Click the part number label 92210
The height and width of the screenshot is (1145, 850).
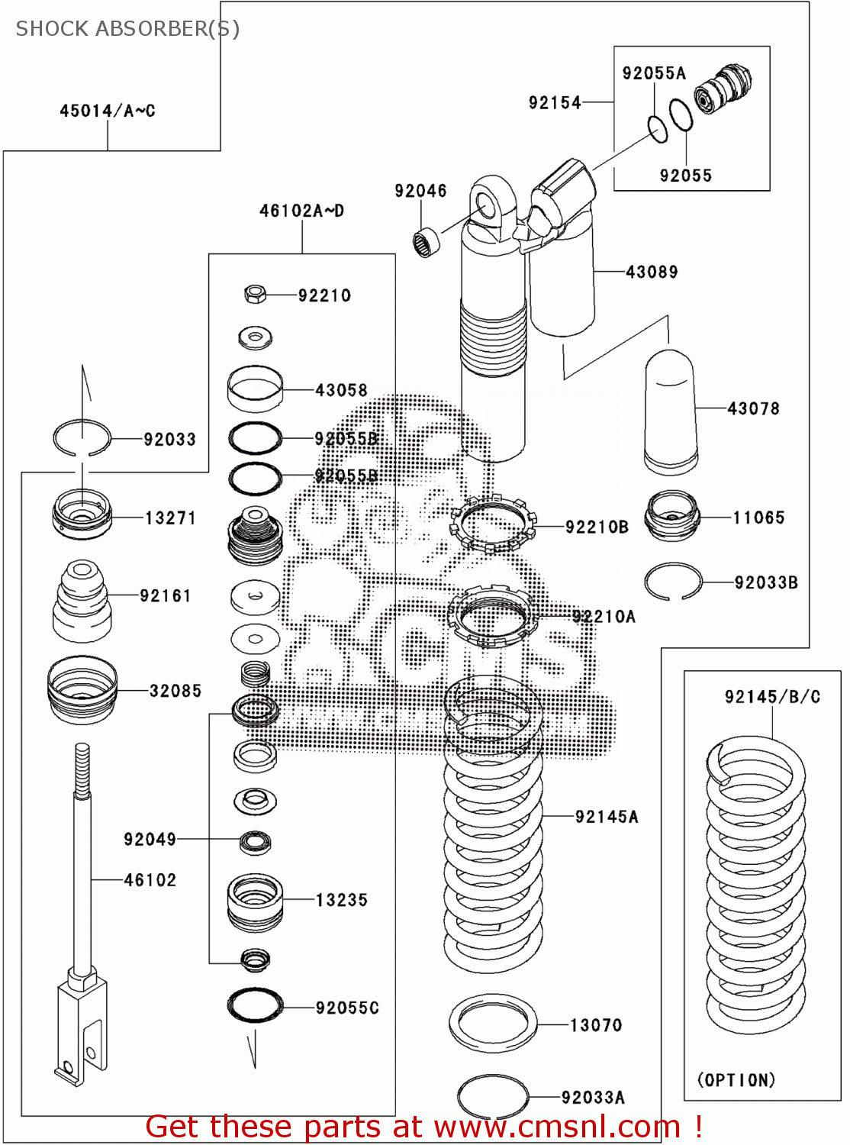click(x=324, y=295)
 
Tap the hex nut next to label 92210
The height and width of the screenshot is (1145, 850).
click(x=256, y=293)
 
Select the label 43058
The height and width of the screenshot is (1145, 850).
click(x=341, y=390)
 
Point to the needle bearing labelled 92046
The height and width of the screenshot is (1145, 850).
click(x=427, y=243)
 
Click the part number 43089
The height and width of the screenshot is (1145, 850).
click(x=652, y=272)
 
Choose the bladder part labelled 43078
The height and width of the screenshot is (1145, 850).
click(x=670, y=412)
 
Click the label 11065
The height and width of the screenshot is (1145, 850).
click(x=758, y=518)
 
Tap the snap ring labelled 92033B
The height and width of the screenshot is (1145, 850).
click(x=672, y=582)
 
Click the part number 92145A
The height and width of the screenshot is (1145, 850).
click(x=607, y=817)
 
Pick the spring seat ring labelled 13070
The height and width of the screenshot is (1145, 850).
click(x=493, y=1023)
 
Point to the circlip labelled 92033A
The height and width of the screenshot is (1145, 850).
click(x=493, y=1098)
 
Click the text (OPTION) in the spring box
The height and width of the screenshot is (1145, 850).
click(x=736, y=1080)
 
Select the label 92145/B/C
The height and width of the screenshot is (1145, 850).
click(x=772, y=697)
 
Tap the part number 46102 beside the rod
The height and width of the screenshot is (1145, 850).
click(x=150, y=880)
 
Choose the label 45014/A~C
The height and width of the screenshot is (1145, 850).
click(x=108, y=111)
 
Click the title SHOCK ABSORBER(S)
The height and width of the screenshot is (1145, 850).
click(x=127, y=29)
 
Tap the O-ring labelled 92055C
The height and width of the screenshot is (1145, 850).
click(x=255, y=1005)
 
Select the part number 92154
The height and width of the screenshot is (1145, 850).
click(x=555, y=102)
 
